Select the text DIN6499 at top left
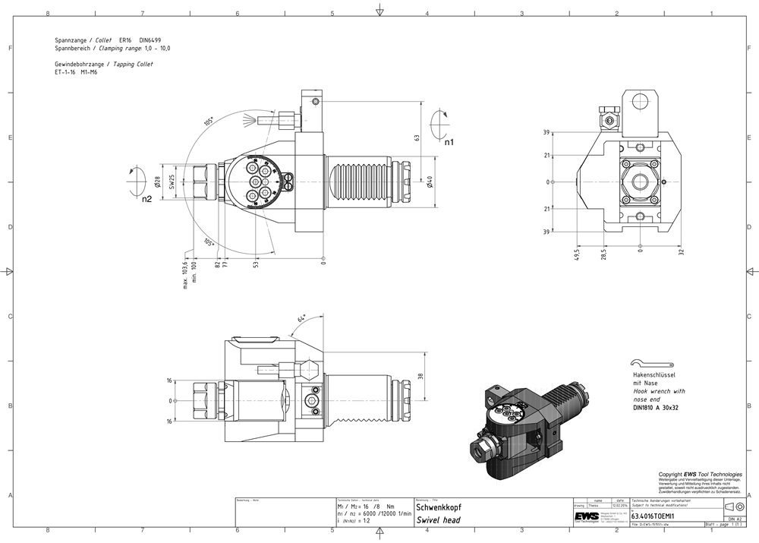pyautogui.click(x=150, y=39)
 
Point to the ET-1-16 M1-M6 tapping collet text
pyautogui.click(x=76, y=72)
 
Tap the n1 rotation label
pyautogui.click(x=449, y=142)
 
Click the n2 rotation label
pyautogui.click(x=146, y=199)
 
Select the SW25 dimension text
pyautogui.click(x=172, y=182)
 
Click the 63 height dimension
pyautogui.click(x=417, y=138)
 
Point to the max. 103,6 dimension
pyautogui.click(x=184, y=275)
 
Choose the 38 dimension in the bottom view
pyautogui.click(x=420, y=375)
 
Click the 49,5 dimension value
pyautogui.click(x=577, y=253)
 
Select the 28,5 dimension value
pyautogui.click(x=603, y=253)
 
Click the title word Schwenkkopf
pyautogui.click(x=439, y=507)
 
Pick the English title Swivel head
pyautogui.click(x=439, y=520)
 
